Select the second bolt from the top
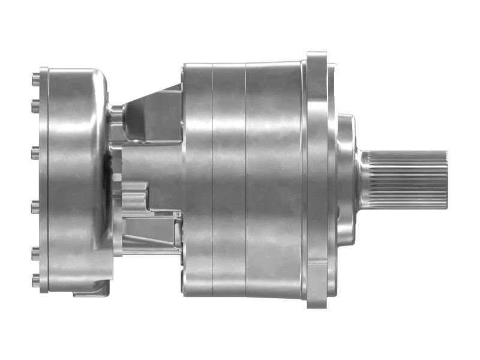coord(35,109)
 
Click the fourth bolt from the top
coord(35,207)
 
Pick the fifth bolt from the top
coord(35,251)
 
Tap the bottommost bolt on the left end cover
coord(35,280)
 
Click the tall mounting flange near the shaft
coord(317,179)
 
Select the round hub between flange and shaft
coord(346,179)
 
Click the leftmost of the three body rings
coord(197,179)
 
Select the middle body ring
coord(229,179)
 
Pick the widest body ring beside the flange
coord(273,179)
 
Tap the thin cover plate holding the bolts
coord(43,179)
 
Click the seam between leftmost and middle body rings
coord(212,179)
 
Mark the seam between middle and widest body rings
coord(245,179)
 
